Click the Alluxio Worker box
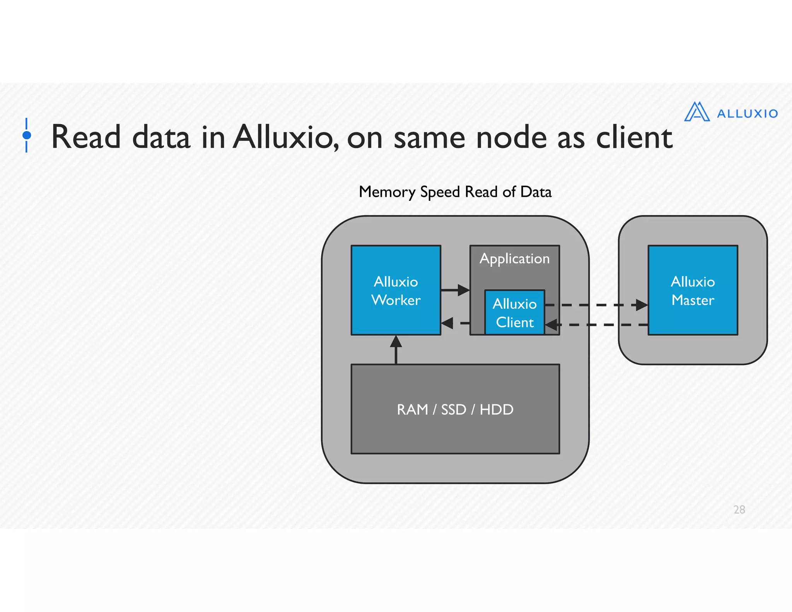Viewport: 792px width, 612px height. tap(396, 290)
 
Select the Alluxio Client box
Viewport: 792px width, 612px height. tap(514, 313)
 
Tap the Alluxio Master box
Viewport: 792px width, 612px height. tap(693, 290)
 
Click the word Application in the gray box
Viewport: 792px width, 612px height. tap(514, 258)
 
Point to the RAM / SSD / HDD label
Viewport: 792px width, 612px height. tap(455, 409)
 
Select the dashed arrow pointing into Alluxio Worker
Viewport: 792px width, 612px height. tap(452, 323)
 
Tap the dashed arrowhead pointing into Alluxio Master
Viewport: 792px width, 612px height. tap(641, 305)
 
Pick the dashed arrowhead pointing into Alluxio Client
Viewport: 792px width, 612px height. tap(552, 325)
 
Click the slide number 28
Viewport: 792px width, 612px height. tap(739, 509)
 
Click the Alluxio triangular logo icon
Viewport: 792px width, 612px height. tap(696, 112)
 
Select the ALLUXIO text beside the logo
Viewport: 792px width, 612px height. tap(747, 114)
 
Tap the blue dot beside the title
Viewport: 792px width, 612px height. tap(27, 135)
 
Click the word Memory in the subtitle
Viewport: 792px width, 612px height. tap(387, 192)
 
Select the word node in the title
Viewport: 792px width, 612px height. tap(511, 138)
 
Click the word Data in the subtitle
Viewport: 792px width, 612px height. tap(536, 192)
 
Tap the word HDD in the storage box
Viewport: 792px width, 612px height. tap(496, 409)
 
